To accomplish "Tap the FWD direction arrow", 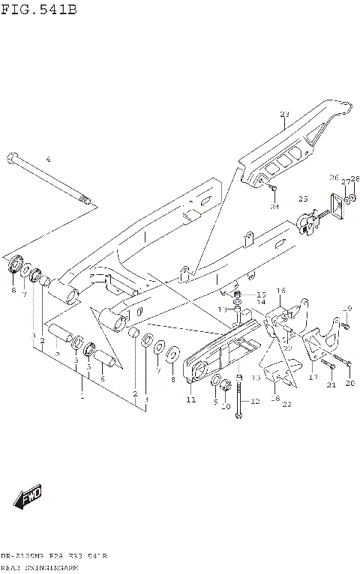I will coord(28,497).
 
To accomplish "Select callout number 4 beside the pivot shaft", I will coord(48,160).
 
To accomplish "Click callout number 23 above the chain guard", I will coord(284,115).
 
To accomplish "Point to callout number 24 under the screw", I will coord(274,206).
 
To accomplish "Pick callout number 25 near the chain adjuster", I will coord(303,199).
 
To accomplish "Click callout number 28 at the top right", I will coord(355,178).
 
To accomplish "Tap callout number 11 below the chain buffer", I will coord(190,401).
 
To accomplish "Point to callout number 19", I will coord(347,309).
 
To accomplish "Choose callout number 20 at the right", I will coord(349,384).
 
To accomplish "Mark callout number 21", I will coord(331,385).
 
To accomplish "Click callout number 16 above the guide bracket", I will coord(280,290).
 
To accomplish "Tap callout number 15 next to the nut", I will coord(260,294).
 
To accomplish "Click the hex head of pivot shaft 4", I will coord(12,158).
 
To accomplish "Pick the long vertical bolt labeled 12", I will coord(238,396).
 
